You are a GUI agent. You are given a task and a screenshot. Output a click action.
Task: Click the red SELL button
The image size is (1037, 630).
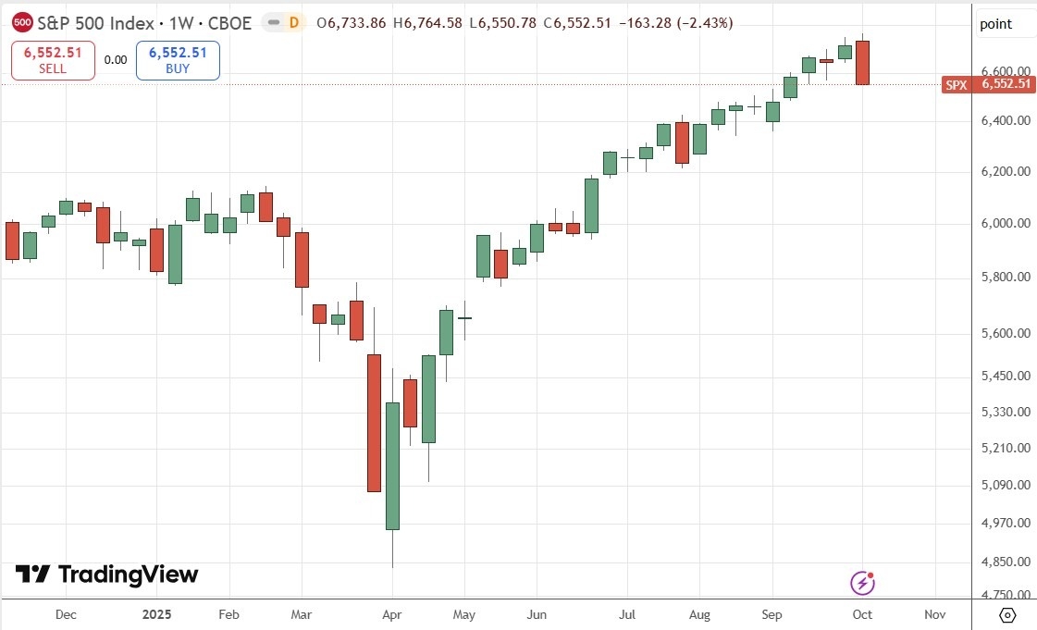(53, 60)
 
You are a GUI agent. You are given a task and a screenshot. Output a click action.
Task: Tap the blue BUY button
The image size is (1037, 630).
(178, 60)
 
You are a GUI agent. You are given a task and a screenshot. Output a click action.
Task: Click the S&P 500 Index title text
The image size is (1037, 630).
(143, 23)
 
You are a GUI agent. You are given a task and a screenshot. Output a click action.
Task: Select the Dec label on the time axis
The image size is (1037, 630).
(66, 614)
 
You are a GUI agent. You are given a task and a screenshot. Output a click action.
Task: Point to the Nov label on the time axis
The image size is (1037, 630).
(934, 614)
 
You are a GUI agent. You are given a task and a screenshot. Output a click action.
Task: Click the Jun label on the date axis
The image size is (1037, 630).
(536, 614)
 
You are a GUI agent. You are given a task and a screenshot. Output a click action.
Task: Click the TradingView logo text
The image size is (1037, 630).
(106, 574)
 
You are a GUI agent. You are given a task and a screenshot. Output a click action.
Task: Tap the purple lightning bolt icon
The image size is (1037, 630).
(862, 583)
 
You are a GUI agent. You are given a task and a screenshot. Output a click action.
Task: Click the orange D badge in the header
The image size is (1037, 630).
(293, 23)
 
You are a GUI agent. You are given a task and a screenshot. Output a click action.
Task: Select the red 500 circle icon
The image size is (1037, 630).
(23, 23)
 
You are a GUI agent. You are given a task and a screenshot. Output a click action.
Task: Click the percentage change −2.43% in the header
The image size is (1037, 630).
(708, 23)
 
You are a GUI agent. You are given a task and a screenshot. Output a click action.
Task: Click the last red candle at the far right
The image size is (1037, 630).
(862, 62)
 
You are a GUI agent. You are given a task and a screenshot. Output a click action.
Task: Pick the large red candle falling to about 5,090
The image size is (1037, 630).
(374, 422)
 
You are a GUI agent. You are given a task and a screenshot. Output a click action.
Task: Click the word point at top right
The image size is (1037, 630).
(995, 24)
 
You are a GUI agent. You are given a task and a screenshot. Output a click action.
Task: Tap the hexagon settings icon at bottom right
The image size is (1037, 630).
(1008, 614)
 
